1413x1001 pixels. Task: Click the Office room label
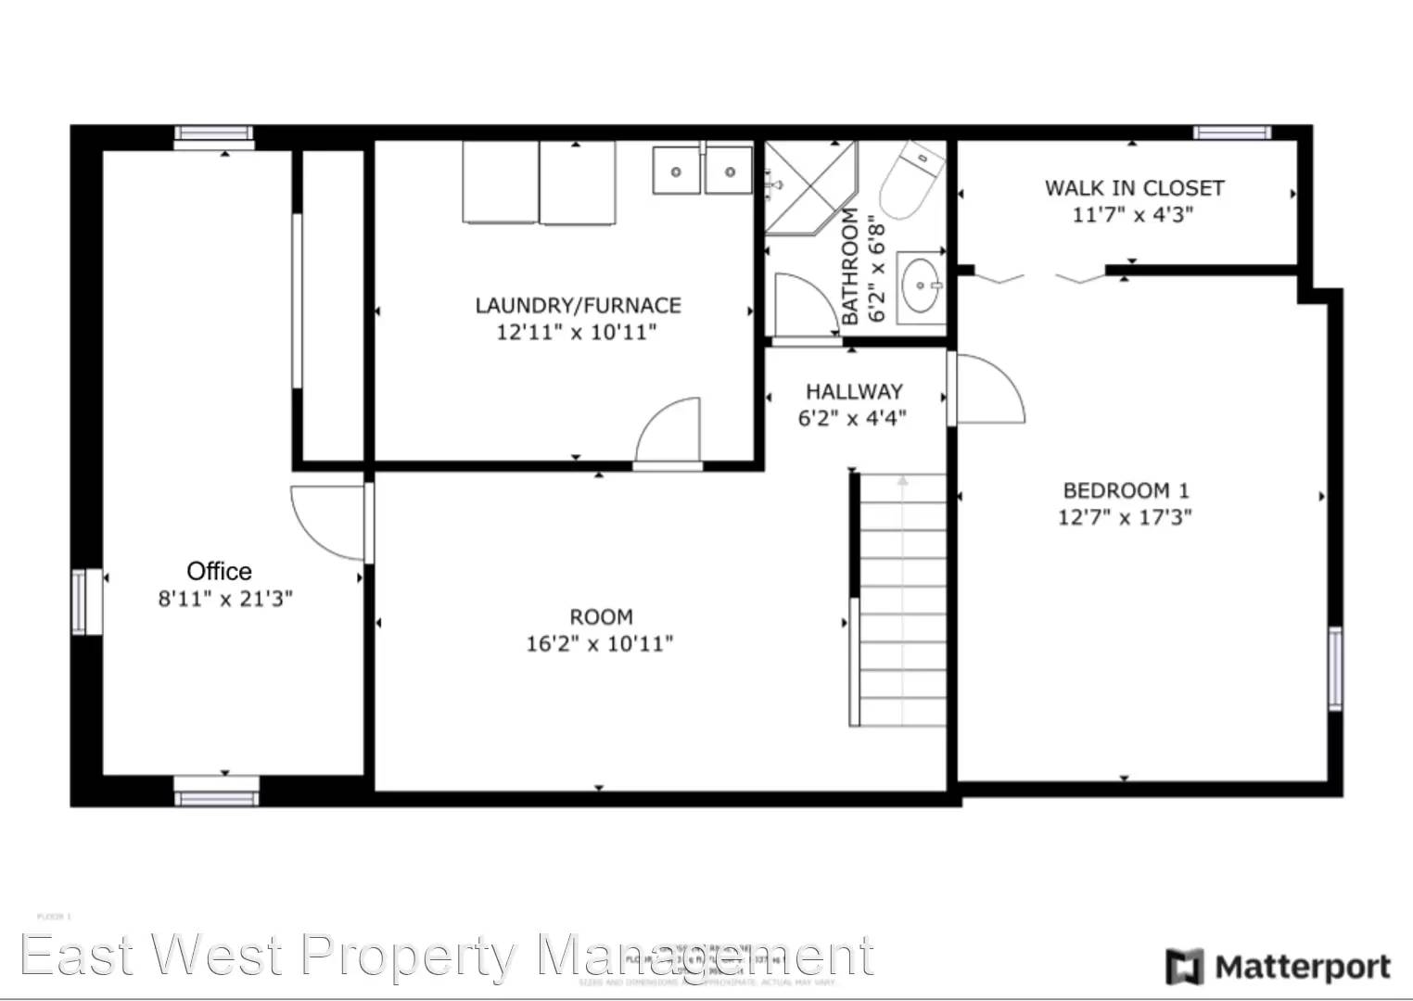click(219, 571)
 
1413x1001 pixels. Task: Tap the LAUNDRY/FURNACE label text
click(578, 305)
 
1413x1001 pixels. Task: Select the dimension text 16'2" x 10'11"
click(599, 643)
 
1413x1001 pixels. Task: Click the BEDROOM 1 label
click(1126, 490)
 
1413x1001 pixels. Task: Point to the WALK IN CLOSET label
click(1134, 188)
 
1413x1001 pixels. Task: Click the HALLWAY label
click(853, 391)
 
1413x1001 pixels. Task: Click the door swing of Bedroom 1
click(988, 389)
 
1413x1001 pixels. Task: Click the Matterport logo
click(1279, 967)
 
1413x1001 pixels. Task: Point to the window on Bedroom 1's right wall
click(1334, 668)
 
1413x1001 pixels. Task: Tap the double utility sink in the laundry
click(703, 171)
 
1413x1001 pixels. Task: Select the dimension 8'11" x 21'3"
click(225, 599)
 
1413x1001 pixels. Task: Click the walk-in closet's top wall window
click(1231, 133)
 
